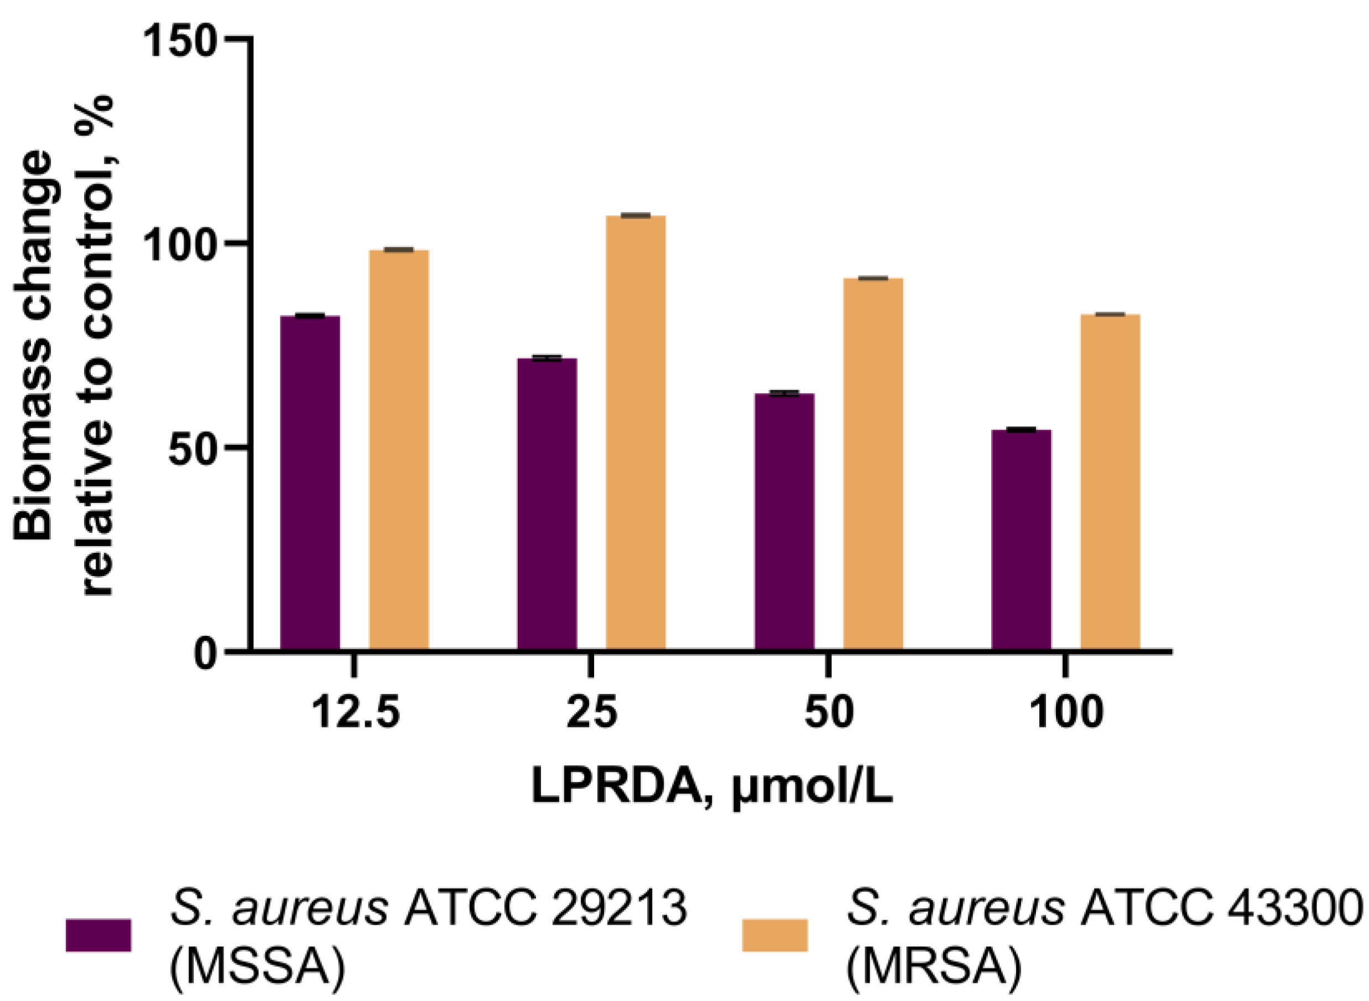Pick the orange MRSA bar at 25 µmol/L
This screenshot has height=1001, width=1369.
(636, 433)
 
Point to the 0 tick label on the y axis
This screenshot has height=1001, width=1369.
(206, 655)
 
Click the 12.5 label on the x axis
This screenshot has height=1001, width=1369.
(356, 713)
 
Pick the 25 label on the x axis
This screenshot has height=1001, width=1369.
(592, 713)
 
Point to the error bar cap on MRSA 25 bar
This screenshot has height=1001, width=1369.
(636, 215)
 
